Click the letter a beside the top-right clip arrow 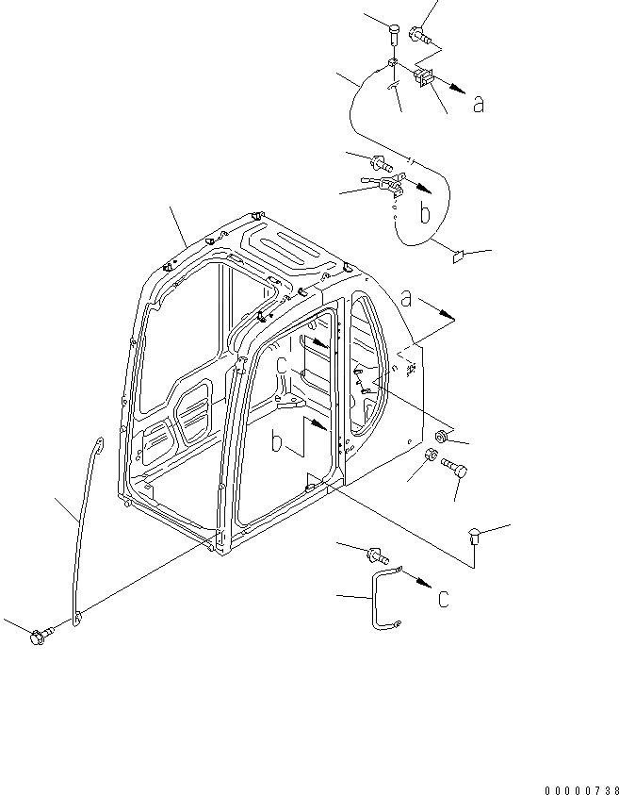[x=479, y=105]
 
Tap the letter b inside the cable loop [x=425, y=214]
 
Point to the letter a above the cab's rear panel [x=407, y=299]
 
